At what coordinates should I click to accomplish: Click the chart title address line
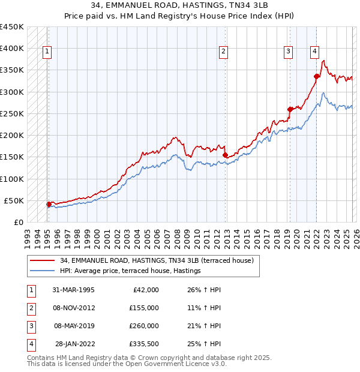(x=180, y=6)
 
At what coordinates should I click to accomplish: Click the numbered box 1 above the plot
(x=47, y=52)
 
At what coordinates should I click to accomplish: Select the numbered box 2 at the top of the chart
(x=223, y=52)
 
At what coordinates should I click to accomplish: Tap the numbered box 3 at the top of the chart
(x=288, y=52)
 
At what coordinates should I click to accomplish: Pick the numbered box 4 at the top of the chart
(x=314, y=52)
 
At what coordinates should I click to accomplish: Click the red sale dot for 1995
(x=49, y=204)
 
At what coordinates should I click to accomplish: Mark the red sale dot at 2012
(x=225, y=155)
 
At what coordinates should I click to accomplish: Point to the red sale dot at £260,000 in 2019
(x=290, y=109)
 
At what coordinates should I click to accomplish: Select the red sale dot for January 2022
(x=316, y=76)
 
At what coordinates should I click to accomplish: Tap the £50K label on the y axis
(x=14, y=200)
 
